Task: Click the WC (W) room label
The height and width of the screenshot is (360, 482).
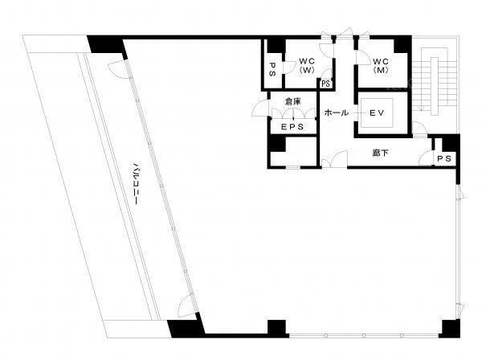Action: [307, 65]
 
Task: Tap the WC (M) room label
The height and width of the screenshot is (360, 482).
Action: [381, 65]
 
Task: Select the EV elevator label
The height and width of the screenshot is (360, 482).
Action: [377, 112]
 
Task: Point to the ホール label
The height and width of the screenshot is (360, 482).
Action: [337, 112]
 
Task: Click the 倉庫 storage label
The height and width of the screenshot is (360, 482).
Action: [292, 101]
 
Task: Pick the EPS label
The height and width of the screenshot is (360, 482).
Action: [292, 127]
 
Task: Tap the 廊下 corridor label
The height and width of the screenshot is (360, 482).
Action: [380, 153]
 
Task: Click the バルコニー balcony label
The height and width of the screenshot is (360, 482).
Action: [135, 184]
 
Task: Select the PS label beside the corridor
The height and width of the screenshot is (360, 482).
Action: [444, 158]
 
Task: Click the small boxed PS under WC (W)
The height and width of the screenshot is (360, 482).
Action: [325, 84]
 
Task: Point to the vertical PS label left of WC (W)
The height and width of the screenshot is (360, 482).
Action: [272, 69]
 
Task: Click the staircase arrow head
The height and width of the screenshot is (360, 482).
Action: [422, 108]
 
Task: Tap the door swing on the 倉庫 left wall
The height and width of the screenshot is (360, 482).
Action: [259, 108]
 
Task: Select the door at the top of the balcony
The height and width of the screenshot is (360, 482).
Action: [118, 69]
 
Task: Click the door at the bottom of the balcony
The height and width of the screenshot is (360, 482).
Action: [187, 306]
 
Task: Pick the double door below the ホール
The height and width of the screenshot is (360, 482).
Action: [334, 159]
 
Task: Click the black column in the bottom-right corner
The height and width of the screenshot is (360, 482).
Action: [449, 329]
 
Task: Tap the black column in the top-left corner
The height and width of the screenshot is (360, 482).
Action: [106, 45]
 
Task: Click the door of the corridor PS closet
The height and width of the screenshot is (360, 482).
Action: [426, 157]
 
